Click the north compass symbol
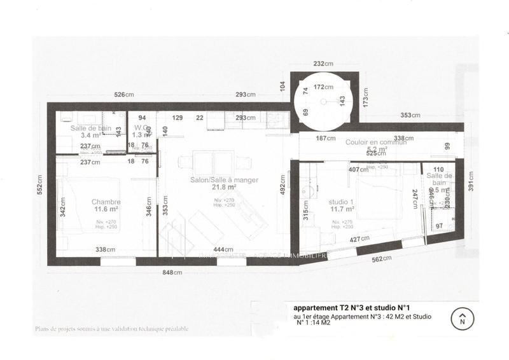pos(463,318)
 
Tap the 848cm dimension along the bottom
pos(173,272)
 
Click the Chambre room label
pos(105,202)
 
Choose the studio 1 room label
pos(341,202)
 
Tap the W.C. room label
pos(141,127)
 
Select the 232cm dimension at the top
pos(323,64)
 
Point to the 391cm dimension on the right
pos(471,183)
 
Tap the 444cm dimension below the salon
pos(223,250)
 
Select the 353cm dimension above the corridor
pos(410,116)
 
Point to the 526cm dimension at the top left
pos(123,95)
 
